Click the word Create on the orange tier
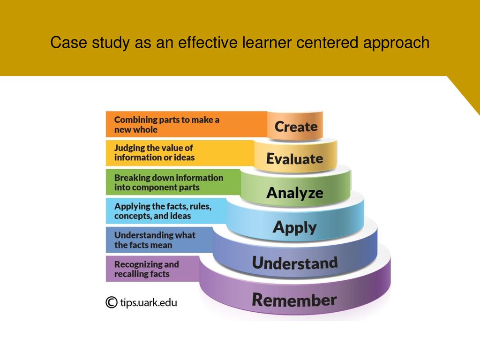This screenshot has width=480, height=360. (296, 127)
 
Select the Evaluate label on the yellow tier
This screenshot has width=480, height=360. (294, 158)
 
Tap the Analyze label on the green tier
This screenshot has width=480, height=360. (295, 193)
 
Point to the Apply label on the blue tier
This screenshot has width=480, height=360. (294, 228)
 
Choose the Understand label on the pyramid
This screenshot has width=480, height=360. (295, 263)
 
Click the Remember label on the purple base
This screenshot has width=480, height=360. (294, 300)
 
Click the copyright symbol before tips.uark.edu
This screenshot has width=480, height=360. (112, 302)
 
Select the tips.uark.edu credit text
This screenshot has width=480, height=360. (149, 303)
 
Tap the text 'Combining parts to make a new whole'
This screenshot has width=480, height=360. (166, 125)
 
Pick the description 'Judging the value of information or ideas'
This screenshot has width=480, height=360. (154, 152)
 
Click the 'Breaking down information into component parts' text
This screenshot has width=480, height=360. (169, 182)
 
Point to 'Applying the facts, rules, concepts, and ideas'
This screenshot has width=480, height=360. (163, 211)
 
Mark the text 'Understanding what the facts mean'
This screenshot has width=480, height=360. (155, 240)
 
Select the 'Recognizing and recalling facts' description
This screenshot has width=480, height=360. (146, 269)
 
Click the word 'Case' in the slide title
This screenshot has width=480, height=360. (69, 42)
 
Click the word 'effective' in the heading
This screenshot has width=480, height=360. (208, 42)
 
